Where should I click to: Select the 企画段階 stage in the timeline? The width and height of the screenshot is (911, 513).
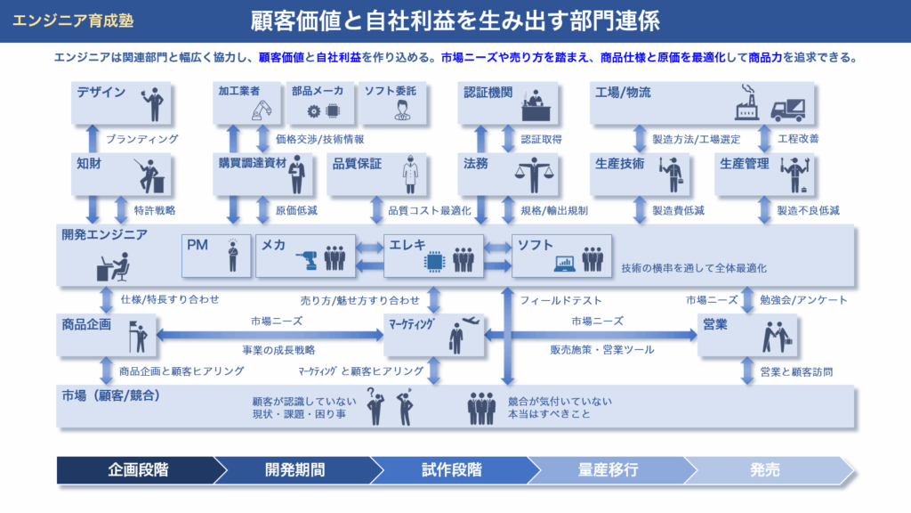(x=138, y=469)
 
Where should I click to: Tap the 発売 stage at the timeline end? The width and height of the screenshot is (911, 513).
(x=765, y=469)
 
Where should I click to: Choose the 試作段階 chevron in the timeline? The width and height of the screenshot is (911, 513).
(x=451, y=469)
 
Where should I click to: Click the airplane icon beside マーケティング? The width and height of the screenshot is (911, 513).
(x=472, y=320)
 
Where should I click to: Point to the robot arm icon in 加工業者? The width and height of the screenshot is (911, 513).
(x=260, y=109)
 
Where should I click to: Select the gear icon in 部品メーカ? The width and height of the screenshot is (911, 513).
(x=313, y=111)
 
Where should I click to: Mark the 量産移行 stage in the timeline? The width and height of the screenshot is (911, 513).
(x=608, y=469)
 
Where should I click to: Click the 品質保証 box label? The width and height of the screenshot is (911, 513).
(x=357, y=164)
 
